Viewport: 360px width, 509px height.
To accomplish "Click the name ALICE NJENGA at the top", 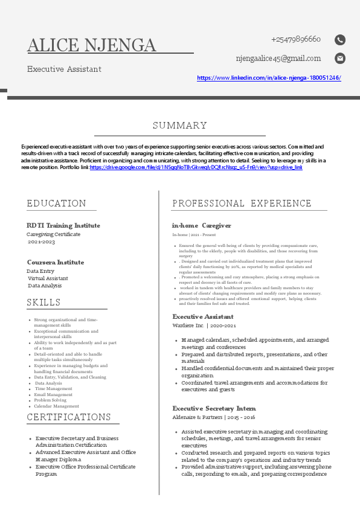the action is (92, 45).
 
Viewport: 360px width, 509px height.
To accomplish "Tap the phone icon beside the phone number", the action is (340, 40).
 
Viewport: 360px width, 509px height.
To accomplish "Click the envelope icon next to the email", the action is (340, 59).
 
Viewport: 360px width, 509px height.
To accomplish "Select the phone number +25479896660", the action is (295, 40).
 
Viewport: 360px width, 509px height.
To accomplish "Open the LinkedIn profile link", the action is (269, 78).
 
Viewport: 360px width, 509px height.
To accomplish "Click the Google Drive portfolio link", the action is (196, 167).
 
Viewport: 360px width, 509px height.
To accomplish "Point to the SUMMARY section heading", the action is (179, 126).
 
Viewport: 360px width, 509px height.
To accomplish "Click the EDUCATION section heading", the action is (56, 203).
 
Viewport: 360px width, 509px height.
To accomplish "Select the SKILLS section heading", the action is (43, 302).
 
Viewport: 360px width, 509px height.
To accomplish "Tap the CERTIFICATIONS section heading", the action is (69, 417).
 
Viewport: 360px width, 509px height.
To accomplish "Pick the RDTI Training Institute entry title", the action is (63, 225).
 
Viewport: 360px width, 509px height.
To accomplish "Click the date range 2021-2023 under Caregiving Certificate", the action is (42, 242).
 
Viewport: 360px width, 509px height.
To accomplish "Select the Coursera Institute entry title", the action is (56, 262).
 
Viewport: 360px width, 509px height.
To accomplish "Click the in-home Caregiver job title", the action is (201, 225).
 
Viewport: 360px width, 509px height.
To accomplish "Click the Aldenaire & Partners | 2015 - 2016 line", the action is (213, 417).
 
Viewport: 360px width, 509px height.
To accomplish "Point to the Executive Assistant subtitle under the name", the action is (64, 69).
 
